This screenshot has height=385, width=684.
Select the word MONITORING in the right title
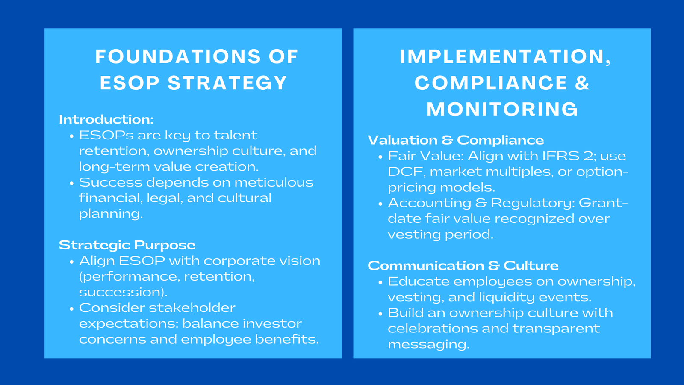(502, 109)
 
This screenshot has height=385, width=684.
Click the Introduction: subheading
(106, 119)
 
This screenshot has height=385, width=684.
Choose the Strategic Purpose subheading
(127, 245)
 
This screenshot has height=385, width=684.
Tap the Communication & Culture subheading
(463, 266)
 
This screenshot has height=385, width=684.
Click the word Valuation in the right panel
(402, 140)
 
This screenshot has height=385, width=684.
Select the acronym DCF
(406, 172)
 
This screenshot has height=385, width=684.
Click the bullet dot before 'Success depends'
(71, 183)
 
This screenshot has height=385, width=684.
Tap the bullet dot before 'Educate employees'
(380, 282)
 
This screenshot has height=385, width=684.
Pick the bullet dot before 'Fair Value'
(380, 157)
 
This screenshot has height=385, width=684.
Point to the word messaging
(428, 344)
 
